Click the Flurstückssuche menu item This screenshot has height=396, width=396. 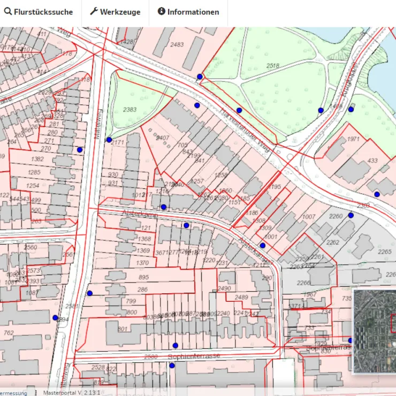tap(39, 12)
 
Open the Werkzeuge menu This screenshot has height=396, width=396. tap(115, 12)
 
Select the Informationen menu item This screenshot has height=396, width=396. tap(188, 12)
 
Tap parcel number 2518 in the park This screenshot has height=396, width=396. tap(272, 66)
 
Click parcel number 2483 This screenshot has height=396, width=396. tap(177, 44)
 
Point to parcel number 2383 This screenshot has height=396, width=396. tap(130, 110)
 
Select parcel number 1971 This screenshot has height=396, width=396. tap(353, 139)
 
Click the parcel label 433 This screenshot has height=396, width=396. tap(372, 161)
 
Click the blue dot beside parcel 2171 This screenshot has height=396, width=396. tap(109, 140)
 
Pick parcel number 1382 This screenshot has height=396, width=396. tap(37, 159)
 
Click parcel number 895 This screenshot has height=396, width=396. tap(143, 277)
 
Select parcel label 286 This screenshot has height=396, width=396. tap(142, 290)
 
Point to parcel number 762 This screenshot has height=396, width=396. tap(8, 333)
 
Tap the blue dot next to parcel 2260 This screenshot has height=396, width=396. tap(351, 215)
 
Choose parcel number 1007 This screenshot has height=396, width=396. tap(309, 217)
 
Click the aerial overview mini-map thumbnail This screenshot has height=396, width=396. tap(375, 331)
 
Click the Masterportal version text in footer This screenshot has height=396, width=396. tap(71, 392)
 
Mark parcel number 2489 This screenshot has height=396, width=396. tap(242, 298)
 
